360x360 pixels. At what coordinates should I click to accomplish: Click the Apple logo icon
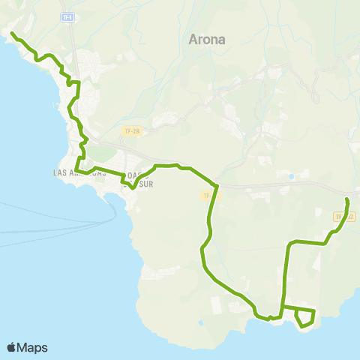point(11,347)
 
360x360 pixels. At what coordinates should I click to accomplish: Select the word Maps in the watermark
point(32,347)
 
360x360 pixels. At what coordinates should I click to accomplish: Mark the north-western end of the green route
point(12,34)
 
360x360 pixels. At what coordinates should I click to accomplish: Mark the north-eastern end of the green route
point(346,199)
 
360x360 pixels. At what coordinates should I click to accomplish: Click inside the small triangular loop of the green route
point(304,317)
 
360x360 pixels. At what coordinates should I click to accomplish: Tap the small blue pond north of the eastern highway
point(291,177)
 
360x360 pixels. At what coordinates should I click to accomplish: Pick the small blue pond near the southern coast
point(200,323)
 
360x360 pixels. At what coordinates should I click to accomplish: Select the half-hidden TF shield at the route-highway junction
point(207,196)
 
